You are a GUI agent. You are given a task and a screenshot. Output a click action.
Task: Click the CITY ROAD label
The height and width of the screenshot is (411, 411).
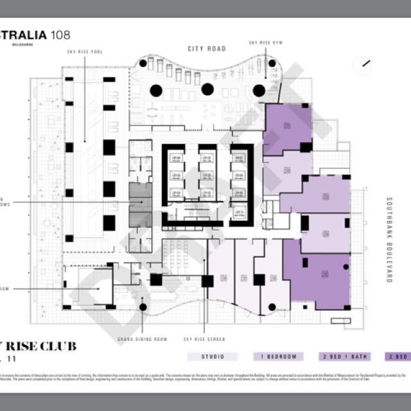coord(206,49)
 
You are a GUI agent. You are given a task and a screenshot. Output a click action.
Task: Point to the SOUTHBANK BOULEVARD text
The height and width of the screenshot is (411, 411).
coord(389,240)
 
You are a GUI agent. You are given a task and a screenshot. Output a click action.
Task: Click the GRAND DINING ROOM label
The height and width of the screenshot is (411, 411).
coord(142,338)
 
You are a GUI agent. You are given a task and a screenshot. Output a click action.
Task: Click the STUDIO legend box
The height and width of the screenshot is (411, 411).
coord(213,356)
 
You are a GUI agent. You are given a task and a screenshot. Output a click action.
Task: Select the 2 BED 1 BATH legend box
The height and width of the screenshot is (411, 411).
coord(344,356)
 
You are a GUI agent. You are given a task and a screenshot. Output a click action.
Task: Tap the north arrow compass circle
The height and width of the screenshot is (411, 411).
coord(365,64)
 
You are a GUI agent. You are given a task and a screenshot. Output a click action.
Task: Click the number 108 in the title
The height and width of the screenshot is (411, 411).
coord(57,35)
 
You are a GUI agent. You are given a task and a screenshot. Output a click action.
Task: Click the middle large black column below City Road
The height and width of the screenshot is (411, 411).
coord(207,90)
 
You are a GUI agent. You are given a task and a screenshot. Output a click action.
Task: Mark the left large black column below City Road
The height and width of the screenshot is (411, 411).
coord(156,90)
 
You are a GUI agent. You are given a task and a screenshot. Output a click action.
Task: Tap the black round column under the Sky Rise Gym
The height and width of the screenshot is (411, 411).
coord(259,90)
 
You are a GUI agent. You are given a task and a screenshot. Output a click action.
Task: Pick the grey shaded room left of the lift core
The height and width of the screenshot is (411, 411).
coord(139,202)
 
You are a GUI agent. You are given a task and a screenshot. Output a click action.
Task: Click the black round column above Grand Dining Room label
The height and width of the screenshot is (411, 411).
coord(143,307)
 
